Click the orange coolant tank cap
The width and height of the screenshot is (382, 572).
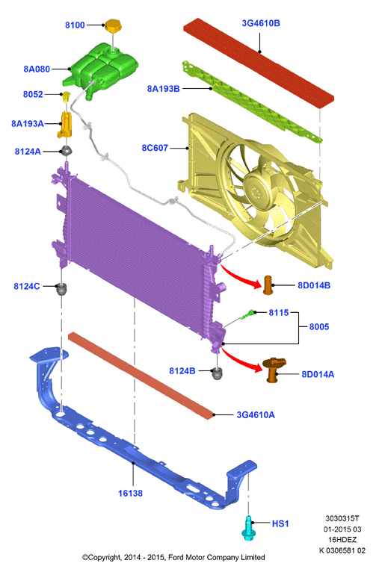[113, 27]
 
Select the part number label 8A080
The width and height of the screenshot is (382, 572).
[37, 69]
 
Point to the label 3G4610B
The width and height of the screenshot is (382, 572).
[261, 23]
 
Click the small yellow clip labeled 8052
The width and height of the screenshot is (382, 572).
[66, 96]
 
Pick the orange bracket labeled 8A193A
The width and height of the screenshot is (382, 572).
[65, 124]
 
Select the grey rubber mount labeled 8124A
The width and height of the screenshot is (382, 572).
[66, 150]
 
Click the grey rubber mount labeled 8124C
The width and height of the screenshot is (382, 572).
[62, 289]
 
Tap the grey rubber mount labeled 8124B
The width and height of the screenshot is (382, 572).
[218, 373]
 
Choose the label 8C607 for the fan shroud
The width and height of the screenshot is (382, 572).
[155, 148]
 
